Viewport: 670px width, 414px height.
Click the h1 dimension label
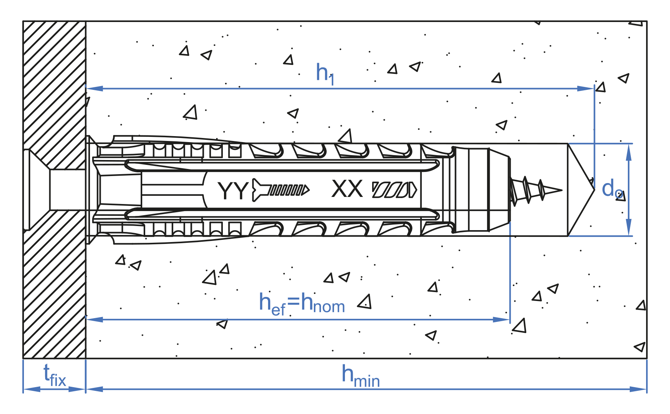pos(325,73)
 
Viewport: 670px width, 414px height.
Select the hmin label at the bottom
pos(360,376)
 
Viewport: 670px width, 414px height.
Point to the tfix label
pos(54,375)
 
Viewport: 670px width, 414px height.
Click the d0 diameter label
pos(611,189)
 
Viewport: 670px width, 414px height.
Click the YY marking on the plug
pos(233,191)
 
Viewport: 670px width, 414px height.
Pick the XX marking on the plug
pos(347,189)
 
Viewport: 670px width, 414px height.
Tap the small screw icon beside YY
pos(281,190)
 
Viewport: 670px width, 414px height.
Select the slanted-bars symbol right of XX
pos(394,190)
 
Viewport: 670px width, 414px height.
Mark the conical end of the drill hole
pos(580,190)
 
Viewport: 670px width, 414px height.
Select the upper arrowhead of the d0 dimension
pos(629,152)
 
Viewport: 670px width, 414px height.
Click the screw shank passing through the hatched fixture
pos(68,190)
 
